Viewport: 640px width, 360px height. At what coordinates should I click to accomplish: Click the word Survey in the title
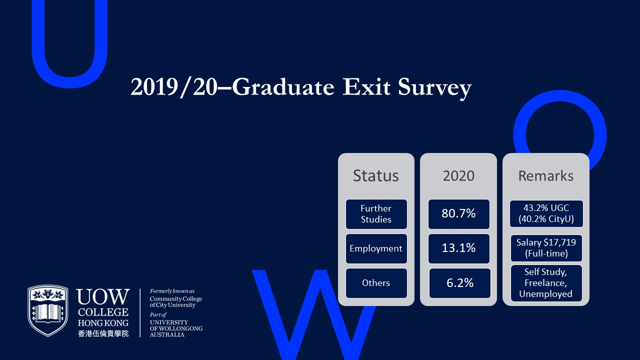[x=434, y=87]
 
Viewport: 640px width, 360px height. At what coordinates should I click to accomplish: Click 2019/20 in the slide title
[x=174, y=87]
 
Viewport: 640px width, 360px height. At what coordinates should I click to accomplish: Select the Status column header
[x=375, y=175]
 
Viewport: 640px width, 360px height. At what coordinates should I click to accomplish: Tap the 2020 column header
[x=458, y=175]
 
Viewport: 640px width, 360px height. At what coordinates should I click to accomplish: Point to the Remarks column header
[x=545, y=175]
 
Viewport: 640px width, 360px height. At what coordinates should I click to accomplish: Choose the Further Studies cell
[x=376, y=214]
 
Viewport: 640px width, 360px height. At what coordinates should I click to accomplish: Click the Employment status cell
[x=376, y=248]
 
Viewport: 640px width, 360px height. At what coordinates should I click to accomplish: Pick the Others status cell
[x=376, y=283]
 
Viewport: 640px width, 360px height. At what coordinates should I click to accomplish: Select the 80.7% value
[x=459, y=214]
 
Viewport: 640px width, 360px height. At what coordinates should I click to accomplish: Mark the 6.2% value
[x=459, y=283]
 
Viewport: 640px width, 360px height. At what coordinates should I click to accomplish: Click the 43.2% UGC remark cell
[x=546, y=213]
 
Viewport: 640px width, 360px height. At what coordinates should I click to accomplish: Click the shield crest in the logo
[x=48, y=310]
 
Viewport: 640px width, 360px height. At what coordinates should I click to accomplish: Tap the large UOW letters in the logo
[x=103, y=296]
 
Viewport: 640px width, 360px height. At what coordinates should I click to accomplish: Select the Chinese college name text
[x=103, y=333]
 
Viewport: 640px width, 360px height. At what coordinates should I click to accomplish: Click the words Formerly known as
[x=172, y=291]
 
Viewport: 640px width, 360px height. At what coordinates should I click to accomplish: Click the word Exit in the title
[x=366, y=87]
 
